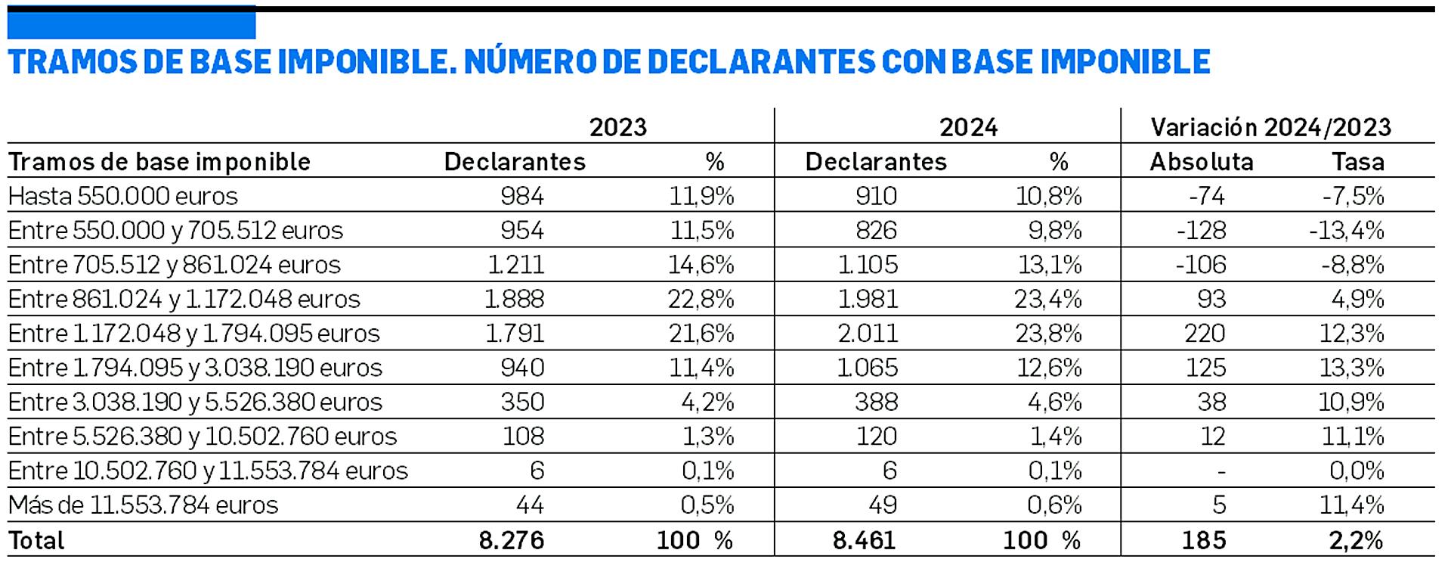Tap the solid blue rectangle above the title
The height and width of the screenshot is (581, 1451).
[x=131, y=23]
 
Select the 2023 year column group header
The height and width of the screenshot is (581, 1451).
[x=617, y=127]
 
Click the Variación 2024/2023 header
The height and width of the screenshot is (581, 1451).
[x=1270, y=127]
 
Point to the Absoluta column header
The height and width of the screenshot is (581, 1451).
[x=1201, y=162]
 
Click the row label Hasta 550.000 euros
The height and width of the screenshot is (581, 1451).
[x=123, y=197]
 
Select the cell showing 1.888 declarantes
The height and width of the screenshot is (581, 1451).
[x=514, y=300]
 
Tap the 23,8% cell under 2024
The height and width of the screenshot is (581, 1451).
[x=1048, y=334]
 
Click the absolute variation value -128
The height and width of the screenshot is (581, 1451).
[x=1201, y=231]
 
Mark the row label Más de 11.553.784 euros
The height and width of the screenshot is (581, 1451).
[x=144, y=505]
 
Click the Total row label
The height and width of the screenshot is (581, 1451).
[x=36, y=541]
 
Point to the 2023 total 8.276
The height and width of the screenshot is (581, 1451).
[x=511, y=541]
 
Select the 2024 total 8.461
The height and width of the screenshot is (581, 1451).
[x=864, y=541]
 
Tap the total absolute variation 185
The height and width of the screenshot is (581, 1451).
[x=1204, y=541]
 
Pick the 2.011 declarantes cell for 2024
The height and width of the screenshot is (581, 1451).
[x=868, y=334]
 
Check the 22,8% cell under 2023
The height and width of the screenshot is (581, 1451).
[x=701, y=300]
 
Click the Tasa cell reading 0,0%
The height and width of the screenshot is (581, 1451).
[x=1357, y=471]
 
